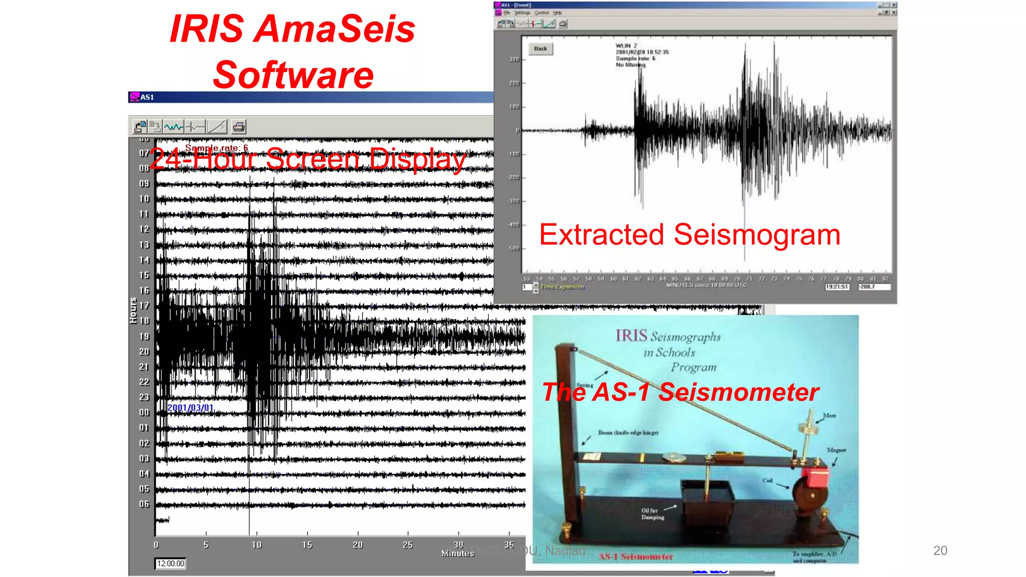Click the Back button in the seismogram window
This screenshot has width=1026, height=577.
541,49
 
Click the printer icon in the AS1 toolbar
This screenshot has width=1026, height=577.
239,127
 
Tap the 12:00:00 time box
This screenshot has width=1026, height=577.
170,563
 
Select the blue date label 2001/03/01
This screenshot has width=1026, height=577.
190,408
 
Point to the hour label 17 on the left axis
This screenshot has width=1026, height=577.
144,306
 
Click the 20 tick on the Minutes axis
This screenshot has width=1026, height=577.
358,544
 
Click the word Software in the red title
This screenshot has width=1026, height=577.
293,75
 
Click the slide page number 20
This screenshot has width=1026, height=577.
940,550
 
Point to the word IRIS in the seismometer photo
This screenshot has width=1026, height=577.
631,336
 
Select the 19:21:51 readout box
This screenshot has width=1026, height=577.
837,287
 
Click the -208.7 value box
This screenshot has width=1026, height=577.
874,287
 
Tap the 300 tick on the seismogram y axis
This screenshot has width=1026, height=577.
514,59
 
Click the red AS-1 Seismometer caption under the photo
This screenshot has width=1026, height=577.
636,556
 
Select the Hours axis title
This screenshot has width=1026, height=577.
133,311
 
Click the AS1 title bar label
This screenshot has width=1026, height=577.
147,97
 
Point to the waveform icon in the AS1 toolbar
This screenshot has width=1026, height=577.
174,127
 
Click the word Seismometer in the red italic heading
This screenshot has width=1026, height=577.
738,392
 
